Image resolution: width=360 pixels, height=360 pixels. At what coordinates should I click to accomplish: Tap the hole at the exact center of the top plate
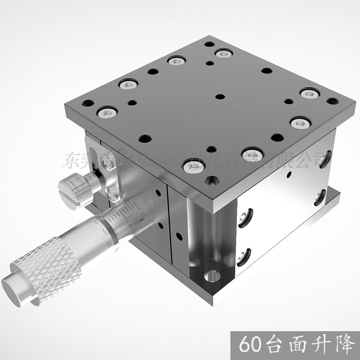(220, 96)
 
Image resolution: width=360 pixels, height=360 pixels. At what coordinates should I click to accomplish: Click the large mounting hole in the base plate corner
(212, 276)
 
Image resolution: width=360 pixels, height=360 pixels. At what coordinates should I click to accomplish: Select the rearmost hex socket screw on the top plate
(224, 53)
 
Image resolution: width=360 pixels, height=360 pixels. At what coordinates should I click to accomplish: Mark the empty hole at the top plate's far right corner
(332, 101)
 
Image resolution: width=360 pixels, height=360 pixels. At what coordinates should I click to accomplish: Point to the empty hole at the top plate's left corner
(88, 103)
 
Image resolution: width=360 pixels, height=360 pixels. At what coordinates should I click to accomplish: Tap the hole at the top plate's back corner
(209, 44)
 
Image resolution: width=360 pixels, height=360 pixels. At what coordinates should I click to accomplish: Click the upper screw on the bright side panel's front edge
(244, 216)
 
